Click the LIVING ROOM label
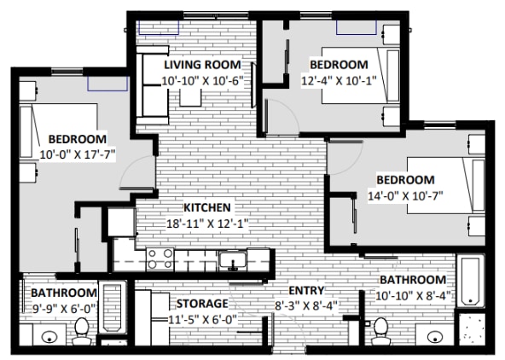click(x=202, y=65)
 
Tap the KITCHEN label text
click(x=207, y=207)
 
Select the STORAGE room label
click(x=202, y=304)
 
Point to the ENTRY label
click(x=306, y=290)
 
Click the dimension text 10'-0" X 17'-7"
click(x=78, y=155)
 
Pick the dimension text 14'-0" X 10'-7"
click(x=405, y=195)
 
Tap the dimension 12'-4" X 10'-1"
click(x=339, y=80)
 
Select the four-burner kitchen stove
click(x=160, y=259)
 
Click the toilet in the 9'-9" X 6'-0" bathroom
click(x=81, y=331)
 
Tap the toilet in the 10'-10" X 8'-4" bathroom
click(x=380, y=331)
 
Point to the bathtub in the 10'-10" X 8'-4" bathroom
click(x=471, y=281)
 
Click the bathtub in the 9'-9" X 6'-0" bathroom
click(x=113, y=307)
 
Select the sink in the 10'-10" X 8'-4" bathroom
click(x=435, y=337)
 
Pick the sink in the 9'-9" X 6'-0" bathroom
click(x=49, y=337)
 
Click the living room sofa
click(x=153, y=85)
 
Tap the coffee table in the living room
click(x=190, y=96)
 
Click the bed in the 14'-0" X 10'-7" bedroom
click(x=446, y=185)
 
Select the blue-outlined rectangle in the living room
click(x=159, y=27)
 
